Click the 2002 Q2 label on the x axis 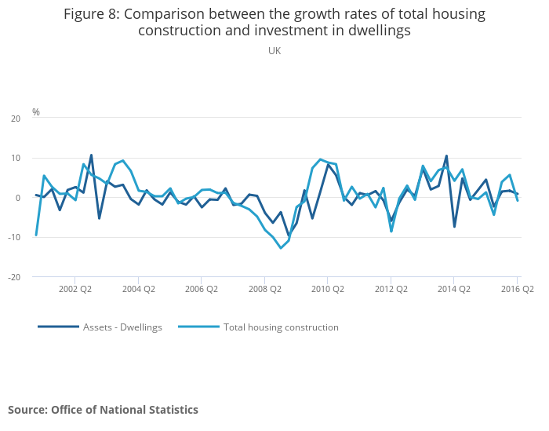tap(75, 289)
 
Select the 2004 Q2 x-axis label tap(138, 289)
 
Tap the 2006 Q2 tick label tap(202, 289)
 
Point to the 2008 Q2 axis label tap(265, 289)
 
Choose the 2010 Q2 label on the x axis tap(328, 289)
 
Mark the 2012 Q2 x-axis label tap(391, 289)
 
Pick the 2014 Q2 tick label tap(454, 289)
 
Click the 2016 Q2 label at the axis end tap(517, 289)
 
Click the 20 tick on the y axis tap(16, 119)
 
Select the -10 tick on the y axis tap(14, 237)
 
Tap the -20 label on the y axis tap(14, 277)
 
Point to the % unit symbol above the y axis tap(36, 111)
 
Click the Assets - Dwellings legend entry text tap(122, 327)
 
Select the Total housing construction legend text tap(281, 327)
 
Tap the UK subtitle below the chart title tap(274, 51)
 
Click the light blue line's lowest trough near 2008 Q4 tap(281, 248)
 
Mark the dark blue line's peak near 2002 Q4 tap(91, 155)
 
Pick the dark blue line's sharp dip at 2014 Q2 tap(454, 226)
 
